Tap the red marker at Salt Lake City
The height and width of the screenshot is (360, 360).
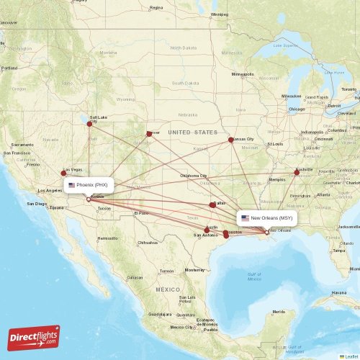pos(90,123)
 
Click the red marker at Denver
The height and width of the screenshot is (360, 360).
pos(149,133)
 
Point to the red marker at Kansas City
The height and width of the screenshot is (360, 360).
pos(231,140)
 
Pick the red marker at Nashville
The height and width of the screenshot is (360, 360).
pos(297,172)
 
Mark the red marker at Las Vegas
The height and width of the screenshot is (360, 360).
pos(63,173)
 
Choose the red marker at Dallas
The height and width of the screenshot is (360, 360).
pos(212,205)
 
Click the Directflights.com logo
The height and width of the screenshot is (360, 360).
pos(35,337)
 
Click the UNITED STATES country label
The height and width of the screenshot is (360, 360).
pos(192,132)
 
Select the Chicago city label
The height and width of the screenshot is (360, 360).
pos(297,109)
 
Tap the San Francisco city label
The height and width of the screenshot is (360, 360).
pos(17,153)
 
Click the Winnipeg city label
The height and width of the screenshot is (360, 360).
pos(219,14)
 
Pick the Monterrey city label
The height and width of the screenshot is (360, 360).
pos(195,270)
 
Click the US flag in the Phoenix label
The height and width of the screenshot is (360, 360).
pos(72,185)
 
